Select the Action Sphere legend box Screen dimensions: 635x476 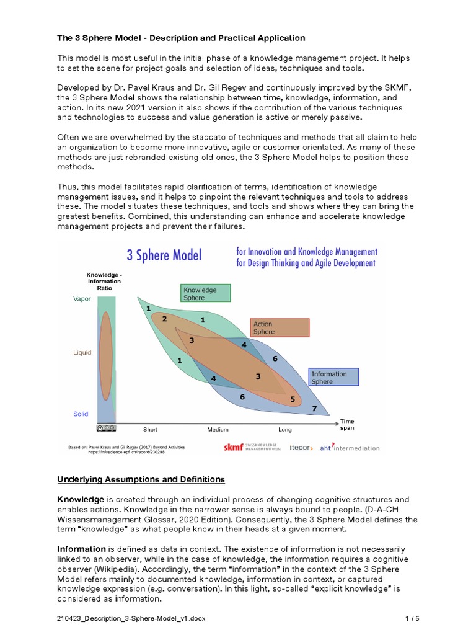(280, 327)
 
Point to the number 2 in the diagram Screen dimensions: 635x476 (164, 319)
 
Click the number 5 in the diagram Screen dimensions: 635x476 (293, 399)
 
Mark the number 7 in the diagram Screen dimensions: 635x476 (314, 409)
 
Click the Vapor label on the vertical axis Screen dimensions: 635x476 (82, 299)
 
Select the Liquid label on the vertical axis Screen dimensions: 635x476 (82, 352)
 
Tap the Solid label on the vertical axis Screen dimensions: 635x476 (81, 414)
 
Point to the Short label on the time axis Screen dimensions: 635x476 (150, 429)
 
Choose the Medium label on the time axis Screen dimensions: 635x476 (218, 429)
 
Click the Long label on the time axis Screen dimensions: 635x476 (285, 429)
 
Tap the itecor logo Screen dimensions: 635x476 (301, 448)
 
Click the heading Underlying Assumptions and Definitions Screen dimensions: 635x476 (141, 479)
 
